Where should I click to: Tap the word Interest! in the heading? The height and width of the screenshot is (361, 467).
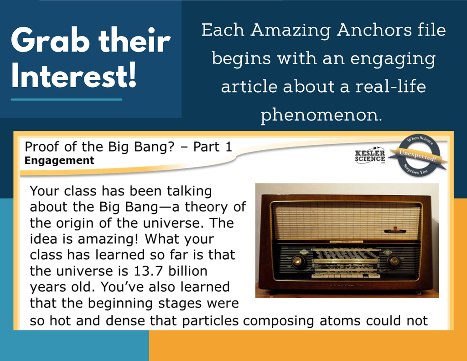point(73,75)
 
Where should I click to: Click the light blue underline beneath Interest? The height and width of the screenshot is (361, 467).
point(67,99)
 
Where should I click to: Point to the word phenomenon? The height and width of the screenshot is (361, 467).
point(321,115)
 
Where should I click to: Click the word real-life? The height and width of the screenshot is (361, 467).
point(390,86)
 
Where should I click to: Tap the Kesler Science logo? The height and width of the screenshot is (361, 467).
point(370,155)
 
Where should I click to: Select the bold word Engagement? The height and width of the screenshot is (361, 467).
point(59,161)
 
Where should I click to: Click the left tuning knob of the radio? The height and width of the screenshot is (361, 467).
point(298,261)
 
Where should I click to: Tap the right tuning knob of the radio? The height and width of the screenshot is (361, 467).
point(394,261)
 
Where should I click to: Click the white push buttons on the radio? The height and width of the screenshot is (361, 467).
point(346,276)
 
